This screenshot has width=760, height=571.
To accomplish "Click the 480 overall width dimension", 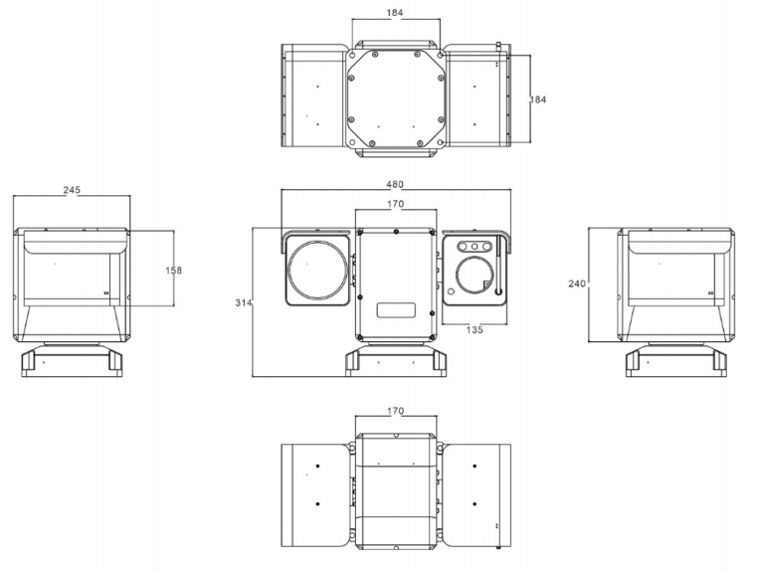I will pyautogui.click(x=396, y=184).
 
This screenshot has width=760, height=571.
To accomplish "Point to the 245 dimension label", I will pyautogui.click(x=72, y=190).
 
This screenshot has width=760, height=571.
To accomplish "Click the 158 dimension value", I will pyautogui.click(x=174, y=270).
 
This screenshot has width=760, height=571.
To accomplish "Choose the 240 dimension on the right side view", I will pyautogui.click(x=576, y=284).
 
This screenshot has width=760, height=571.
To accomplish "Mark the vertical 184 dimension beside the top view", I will pyautogui.click(x=537, y=99).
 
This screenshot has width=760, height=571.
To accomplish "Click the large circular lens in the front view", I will pyautogui.click(x=316, y=270).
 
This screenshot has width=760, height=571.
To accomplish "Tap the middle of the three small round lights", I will pyautogui.click(x=475, y=245).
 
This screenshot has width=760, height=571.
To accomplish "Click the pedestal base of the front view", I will pyautogui.click(x=395, y=359).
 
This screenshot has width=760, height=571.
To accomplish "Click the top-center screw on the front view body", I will pyautogui.click(x=396, y=233).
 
